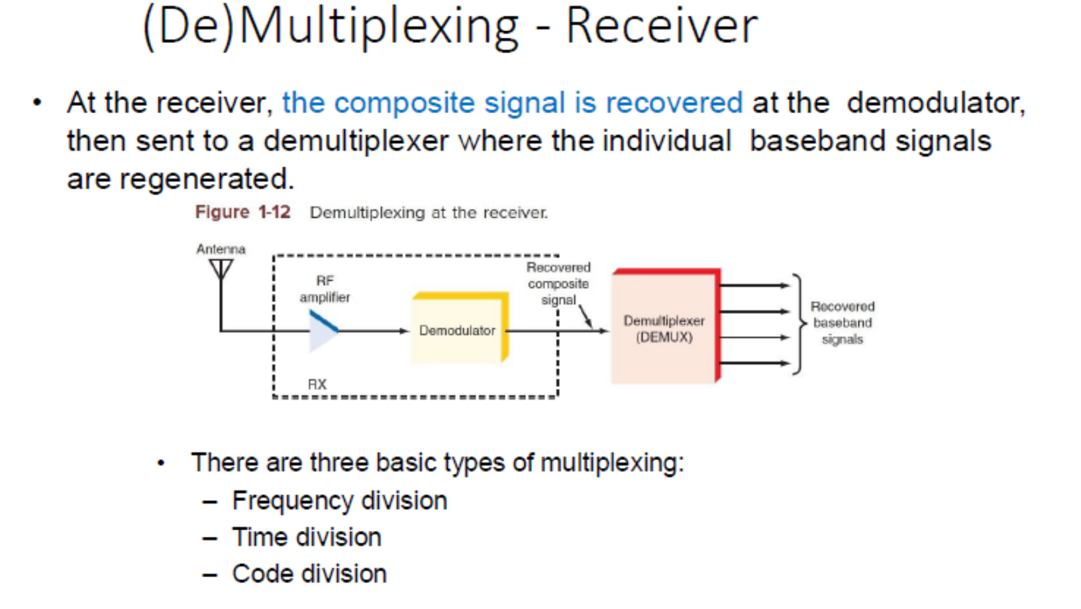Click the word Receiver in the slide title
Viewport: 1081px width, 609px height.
(662, 26)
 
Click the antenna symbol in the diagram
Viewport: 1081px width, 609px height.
(221, 269)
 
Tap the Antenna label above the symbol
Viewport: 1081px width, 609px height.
(221, 250)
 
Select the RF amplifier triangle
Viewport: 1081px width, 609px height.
(324, 331)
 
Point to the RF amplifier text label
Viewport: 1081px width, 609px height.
(325, 289)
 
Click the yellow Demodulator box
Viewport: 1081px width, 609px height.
(460, 328)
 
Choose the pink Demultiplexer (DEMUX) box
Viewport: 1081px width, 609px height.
(666, 326)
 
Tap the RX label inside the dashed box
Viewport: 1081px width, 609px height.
(317, 385)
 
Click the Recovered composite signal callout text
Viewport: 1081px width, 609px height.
(558, 283)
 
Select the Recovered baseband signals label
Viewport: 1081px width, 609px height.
(843, 322)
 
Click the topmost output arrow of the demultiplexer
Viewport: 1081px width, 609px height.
(754, 285)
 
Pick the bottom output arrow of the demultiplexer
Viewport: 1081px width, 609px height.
(754, 363)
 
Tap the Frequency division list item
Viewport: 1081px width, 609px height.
(340, 500)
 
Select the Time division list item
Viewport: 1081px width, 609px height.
(307, 537)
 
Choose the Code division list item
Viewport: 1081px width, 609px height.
(309, 574)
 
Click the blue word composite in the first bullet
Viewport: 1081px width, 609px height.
(405, 103)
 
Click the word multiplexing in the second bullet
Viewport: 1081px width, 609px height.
(612, 463)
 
